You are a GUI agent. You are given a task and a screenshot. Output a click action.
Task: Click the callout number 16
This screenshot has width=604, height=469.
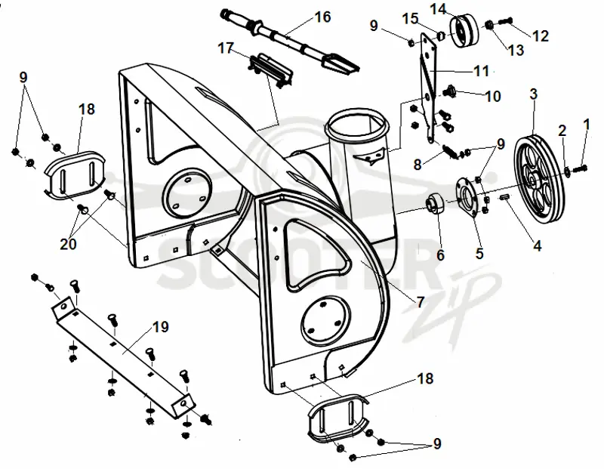(323, 17)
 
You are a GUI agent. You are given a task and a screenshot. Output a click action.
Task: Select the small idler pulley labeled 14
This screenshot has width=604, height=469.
(464, 31)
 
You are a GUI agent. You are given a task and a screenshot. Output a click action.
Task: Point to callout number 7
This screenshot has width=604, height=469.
(421, 302)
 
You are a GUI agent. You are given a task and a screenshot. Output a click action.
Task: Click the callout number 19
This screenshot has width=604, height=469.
(161, 327)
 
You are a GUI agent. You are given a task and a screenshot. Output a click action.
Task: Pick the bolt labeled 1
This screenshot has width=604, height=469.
(580, 168)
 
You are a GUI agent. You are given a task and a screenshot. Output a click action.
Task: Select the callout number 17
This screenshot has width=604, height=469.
(226, 48)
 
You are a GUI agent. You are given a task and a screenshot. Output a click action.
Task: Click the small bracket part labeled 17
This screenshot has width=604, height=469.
(271, 70)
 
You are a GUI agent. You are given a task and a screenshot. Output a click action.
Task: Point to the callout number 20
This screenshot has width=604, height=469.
(68, 243)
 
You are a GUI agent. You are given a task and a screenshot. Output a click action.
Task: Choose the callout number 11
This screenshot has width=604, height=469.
(482, 71)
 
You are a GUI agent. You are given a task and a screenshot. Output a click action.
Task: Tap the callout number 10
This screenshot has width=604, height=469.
(493, 96)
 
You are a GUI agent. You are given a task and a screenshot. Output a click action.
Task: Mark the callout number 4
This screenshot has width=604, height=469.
(538, 245)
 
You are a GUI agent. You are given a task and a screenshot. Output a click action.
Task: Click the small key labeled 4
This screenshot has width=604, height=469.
(504, 197)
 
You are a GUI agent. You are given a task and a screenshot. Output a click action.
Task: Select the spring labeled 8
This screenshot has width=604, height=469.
(451, 150)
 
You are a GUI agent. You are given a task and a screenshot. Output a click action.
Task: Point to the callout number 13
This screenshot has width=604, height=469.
(516, 50)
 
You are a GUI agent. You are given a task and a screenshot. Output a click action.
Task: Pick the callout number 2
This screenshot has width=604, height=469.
(562, 131)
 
